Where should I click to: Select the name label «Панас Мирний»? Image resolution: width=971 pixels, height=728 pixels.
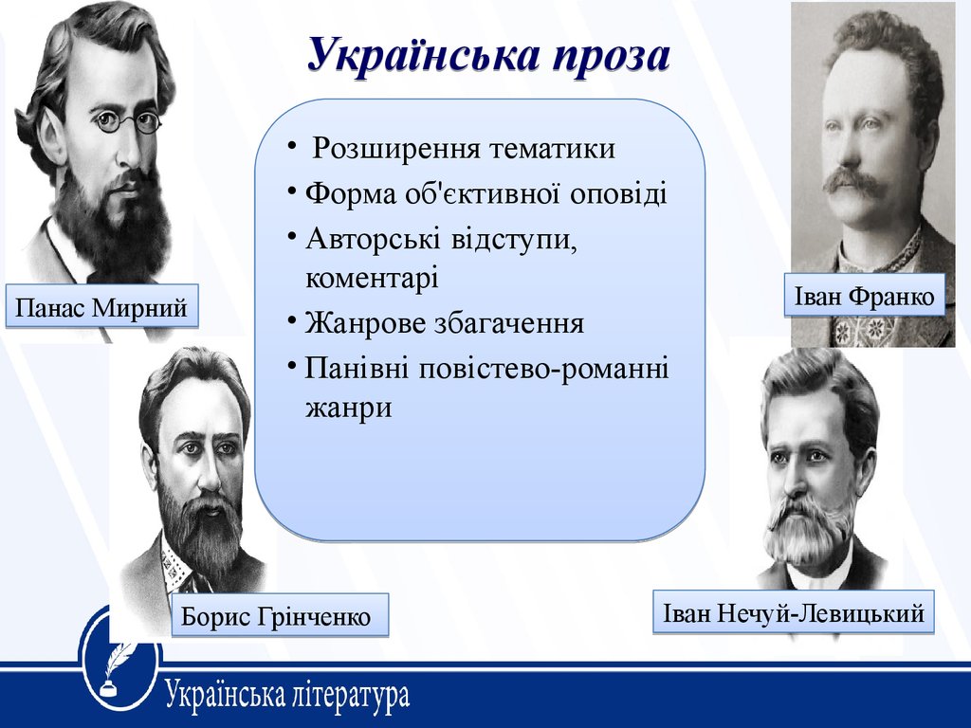coord(101,306)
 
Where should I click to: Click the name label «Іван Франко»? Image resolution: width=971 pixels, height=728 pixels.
coord(865,296)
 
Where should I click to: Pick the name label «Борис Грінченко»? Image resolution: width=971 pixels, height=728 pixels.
coord(280,615)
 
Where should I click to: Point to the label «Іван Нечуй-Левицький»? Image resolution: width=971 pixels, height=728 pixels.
coord(794,612)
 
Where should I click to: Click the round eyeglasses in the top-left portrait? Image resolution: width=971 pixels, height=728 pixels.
coord(128,120)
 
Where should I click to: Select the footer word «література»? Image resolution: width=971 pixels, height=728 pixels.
coord(350,694)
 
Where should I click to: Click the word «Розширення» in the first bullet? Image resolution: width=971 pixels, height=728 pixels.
coord(396,149)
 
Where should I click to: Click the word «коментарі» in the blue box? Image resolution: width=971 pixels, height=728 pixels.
coord(372,278)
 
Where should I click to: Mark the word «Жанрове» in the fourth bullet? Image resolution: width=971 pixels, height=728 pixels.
coord(365,323)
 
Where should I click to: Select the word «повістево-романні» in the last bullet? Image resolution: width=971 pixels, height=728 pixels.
coord(543,369)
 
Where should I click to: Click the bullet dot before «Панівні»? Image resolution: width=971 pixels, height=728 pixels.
coord(292,365)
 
